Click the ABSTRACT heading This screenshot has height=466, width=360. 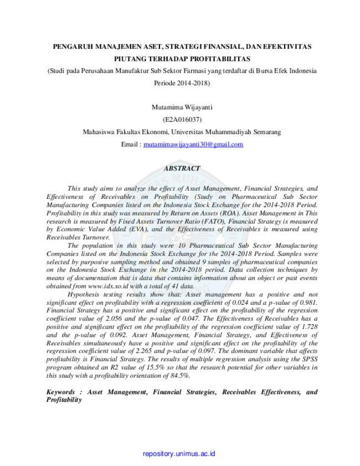(x=182, y=168)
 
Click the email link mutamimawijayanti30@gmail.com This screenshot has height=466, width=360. (x=193, y=145)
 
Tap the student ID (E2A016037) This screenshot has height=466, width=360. (x=182, y=120)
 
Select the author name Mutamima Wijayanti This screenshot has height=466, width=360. (x=182, y=107)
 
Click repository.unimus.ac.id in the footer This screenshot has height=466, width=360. (x=179, y=454)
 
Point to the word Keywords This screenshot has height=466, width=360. (x=60, y=392)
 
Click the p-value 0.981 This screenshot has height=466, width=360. (x=308, y=303)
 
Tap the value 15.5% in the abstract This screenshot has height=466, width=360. (x=155, y=367)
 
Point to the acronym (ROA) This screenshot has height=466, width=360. (x=230, y=213)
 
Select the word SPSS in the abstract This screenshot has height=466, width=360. (x=310, y=359)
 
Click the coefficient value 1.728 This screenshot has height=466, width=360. (x=310, y=326)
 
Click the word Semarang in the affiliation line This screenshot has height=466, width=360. (x=267, y=132)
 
